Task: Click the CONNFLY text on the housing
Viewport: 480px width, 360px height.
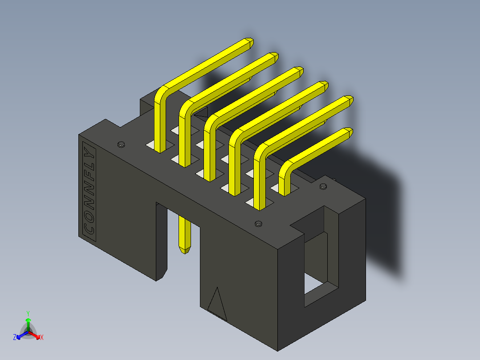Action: pyautogui.click(x=89, y=189)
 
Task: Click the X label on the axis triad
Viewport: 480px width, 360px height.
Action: pyautogui.click(x=42, y=338)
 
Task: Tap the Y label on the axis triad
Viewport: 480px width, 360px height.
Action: pyautogui.click(x=28, y=313)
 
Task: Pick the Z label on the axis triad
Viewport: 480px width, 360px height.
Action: pyautogui.click(x=15, y=338)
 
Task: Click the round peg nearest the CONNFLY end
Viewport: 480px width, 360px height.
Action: pyautogui.click(x=120, y=144)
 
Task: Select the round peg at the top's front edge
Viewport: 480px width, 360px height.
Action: pyautogui.click(x=257, y=223)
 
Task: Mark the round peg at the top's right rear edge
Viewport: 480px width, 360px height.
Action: pyautogui.click(x=323, y=186)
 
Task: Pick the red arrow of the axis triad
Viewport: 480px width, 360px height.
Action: pyautogui.click(x=36, y=334)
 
